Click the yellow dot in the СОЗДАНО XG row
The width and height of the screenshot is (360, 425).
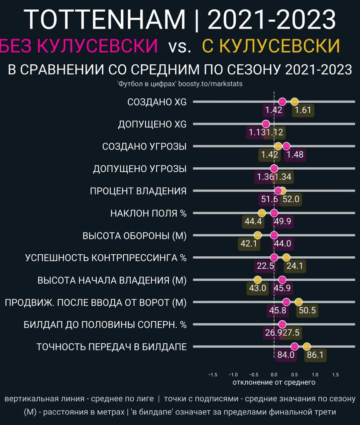[x=294, y=102]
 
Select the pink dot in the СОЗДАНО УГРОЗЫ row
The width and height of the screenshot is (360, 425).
[x=286, y=146]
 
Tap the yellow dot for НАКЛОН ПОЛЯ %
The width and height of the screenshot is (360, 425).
[x=262, y=213]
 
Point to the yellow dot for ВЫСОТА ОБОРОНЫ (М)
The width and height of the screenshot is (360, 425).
[x=257, y=235]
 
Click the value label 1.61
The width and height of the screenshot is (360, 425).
[x=303, y=110]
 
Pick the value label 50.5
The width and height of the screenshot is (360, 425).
[x=307, y=310]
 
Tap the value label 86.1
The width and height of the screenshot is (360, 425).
[x=315, y=355]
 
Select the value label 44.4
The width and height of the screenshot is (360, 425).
[x=253, y=221]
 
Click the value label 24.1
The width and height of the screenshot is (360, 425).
[x=295, y=266]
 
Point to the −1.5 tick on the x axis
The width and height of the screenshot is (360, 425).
[x=213, y=375]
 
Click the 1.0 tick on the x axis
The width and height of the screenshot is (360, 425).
[x=315, y=375]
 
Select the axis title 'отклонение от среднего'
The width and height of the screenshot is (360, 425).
[x=274, y=382]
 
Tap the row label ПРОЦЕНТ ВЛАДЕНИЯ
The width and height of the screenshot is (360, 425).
[x=138, y=191]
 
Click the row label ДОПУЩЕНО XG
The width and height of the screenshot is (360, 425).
[x=152, y=124]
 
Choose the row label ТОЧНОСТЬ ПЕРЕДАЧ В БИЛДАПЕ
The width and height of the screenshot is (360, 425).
[x=111, y=347]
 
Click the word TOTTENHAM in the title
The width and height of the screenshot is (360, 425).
[x=105, y=20]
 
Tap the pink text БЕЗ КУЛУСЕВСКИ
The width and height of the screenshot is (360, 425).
[x=78, y=45]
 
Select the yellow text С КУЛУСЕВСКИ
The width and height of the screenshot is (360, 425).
[x=271, y=45]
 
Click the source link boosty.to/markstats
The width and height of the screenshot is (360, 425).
[x=210, y=84]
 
